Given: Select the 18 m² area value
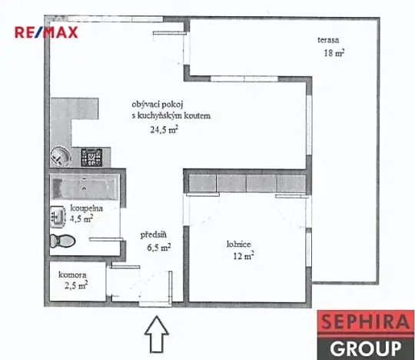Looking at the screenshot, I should click(334, 53).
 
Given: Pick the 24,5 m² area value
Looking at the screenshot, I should click(164, 129).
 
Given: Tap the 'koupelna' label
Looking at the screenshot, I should click(81, 208).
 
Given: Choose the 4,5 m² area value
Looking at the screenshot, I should click(81, 218).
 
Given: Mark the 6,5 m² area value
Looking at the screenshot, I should click(158, 248).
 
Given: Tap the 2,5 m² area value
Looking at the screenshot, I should click(75, 287).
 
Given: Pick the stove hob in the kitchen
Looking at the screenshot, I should click(93, 158).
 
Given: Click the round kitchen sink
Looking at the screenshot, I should click(61, 158).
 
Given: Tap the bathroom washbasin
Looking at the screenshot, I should click(55, 217).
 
